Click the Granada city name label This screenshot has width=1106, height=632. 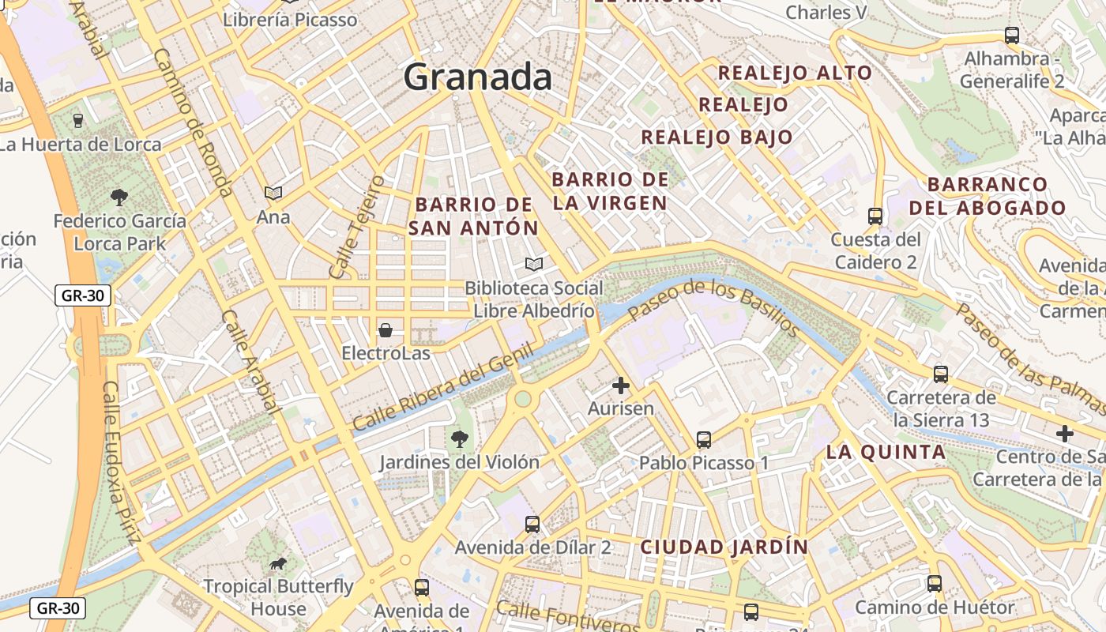(477, 77)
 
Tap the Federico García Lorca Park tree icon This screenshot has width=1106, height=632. (119, 197)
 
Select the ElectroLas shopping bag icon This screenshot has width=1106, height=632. (386, 330)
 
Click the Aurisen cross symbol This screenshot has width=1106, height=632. (621, 386)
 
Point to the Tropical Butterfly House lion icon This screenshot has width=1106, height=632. (277, 563)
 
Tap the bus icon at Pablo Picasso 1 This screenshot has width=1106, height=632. (704, 439)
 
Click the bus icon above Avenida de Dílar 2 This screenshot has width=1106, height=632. (532, 524)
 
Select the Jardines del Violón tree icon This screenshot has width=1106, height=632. (458, 438)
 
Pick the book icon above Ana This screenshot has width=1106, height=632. (273, 193)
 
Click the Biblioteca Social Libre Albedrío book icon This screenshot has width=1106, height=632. (534, 264)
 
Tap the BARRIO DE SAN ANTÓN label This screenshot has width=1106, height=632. (474, 216)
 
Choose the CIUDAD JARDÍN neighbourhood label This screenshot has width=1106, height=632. (724, 547)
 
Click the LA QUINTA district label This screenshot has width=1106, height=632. (886, 453)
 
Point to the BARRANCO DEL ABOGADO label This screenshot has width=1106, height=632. (987, 197)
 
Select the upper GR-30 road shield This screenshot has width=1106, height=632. (83, 296)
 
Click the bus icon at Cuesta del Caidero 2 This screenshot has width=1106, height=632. (875, 216)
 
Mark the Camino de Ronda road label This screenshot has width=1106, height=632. (192, 122)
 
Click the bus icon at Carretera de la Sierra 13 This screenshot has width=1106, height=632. (940, 374)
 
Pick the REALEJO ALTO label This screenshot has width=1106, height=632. (795, 73)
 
